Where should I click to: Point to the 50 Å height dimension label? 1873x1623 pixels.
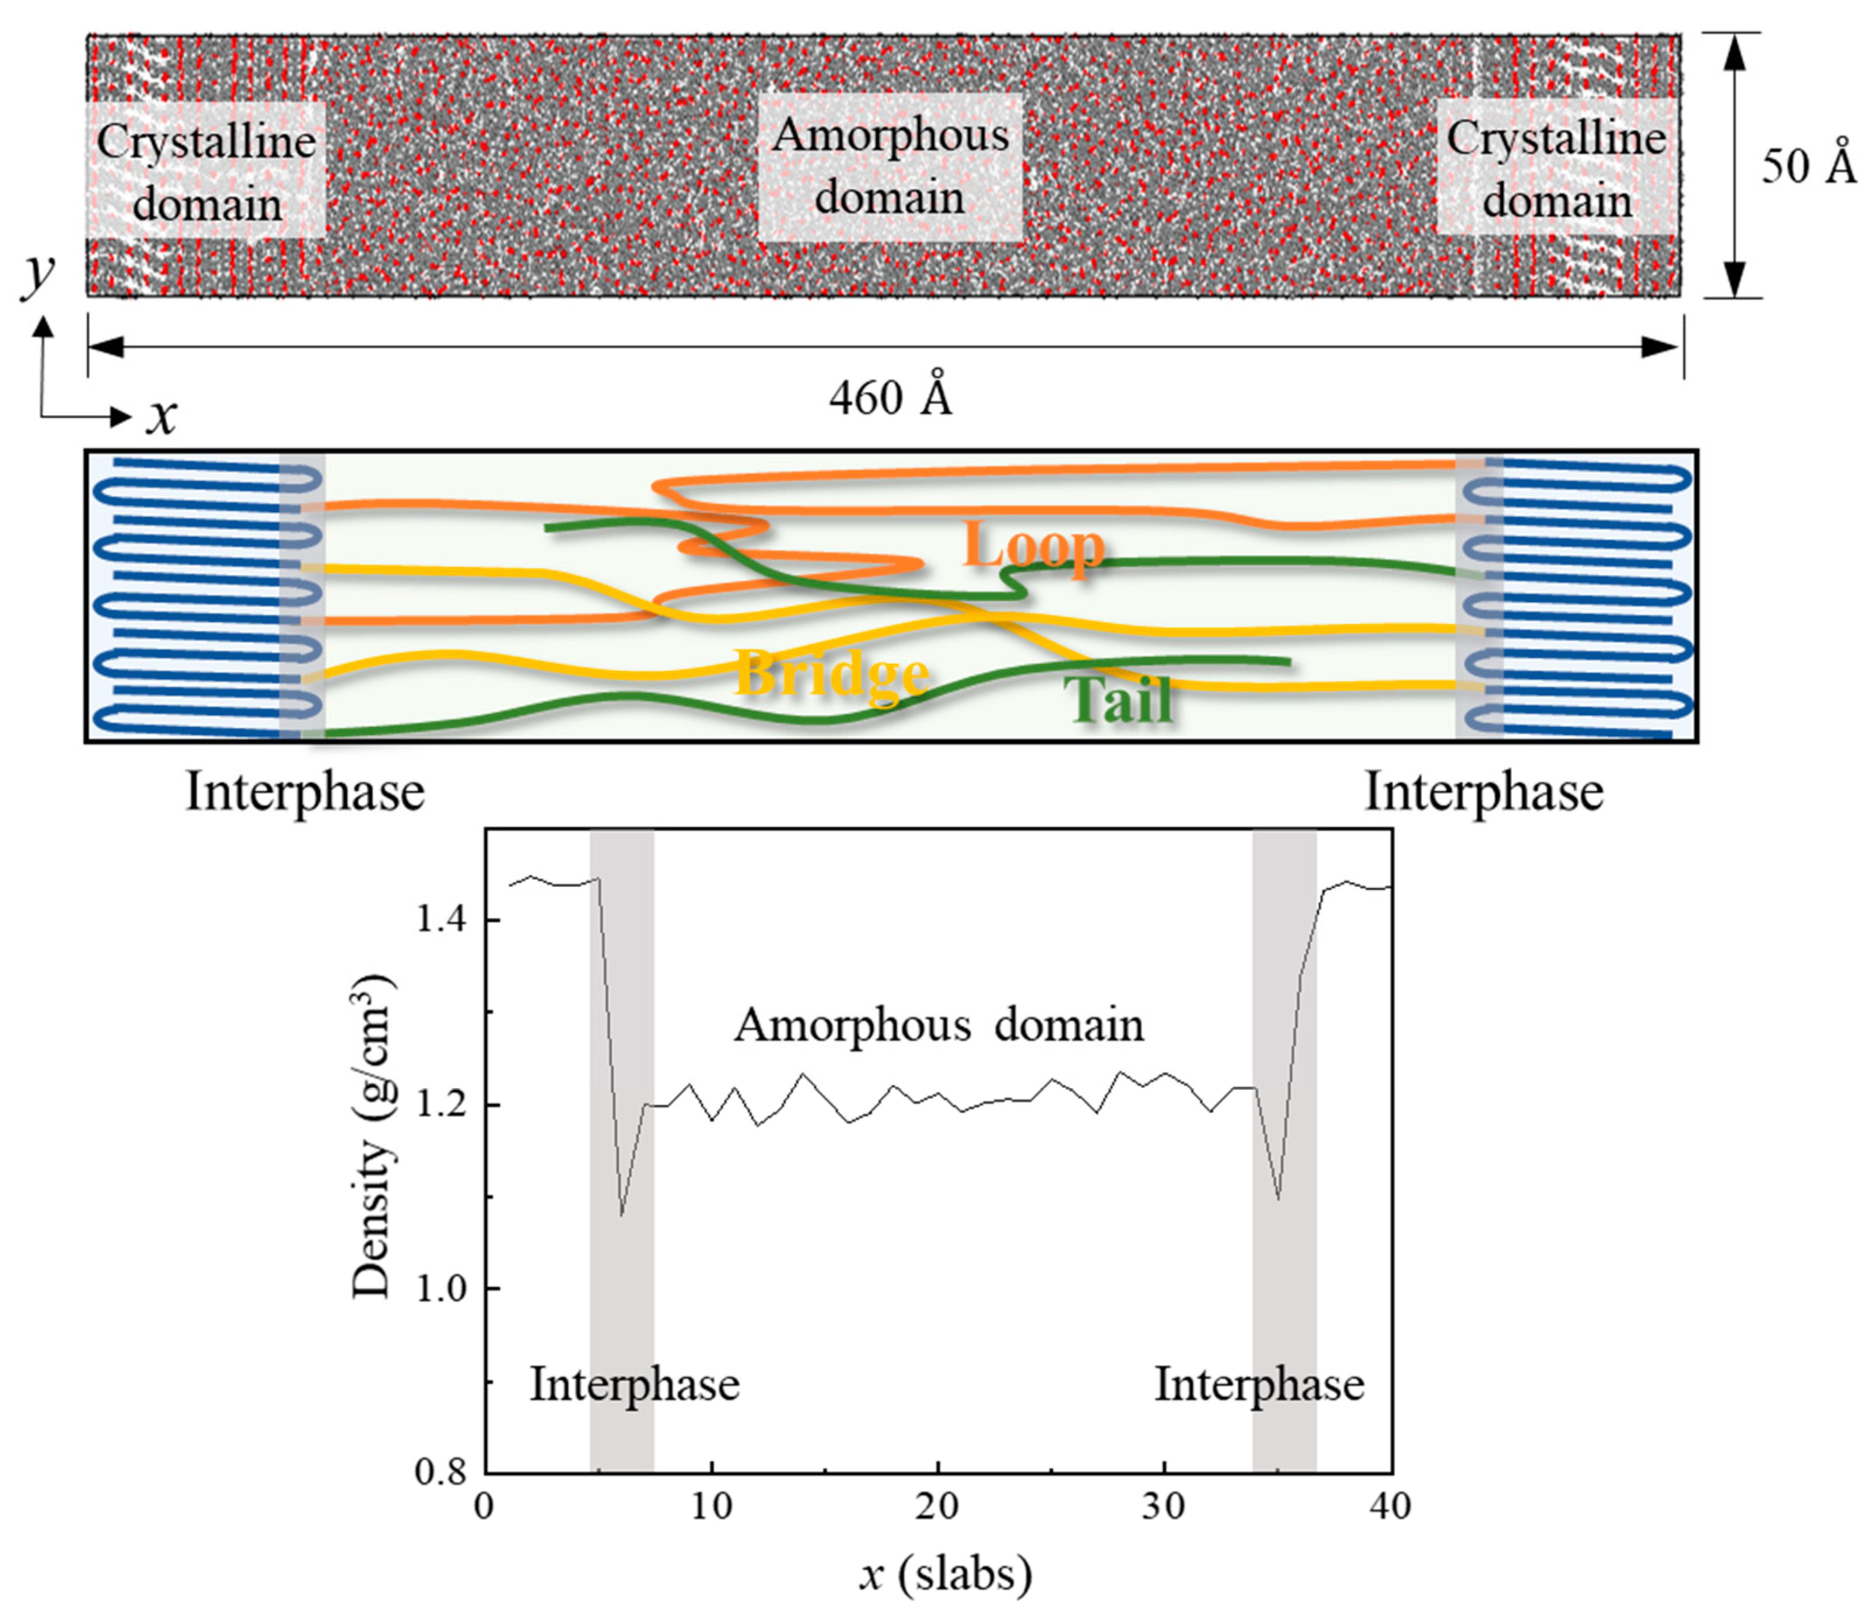click(1808, 166)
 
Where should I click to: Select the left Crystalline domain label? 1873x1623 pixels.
click(206, 172)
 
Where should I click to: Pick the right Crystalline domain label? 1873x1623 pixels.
click(1556, 169)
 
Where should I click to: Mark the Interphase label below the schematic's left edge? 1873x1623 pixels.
click(305, 792)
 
